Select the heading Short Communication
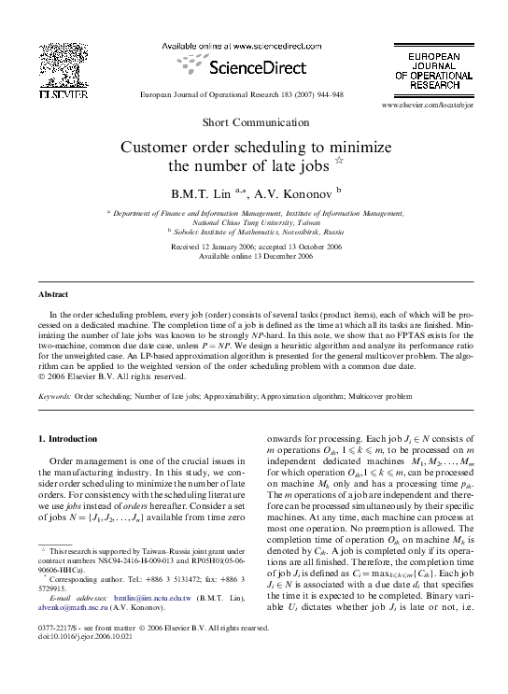254,123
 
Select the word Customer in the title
156,148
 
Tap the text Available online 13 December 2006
255,256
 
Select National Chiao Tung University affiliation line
254,222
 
